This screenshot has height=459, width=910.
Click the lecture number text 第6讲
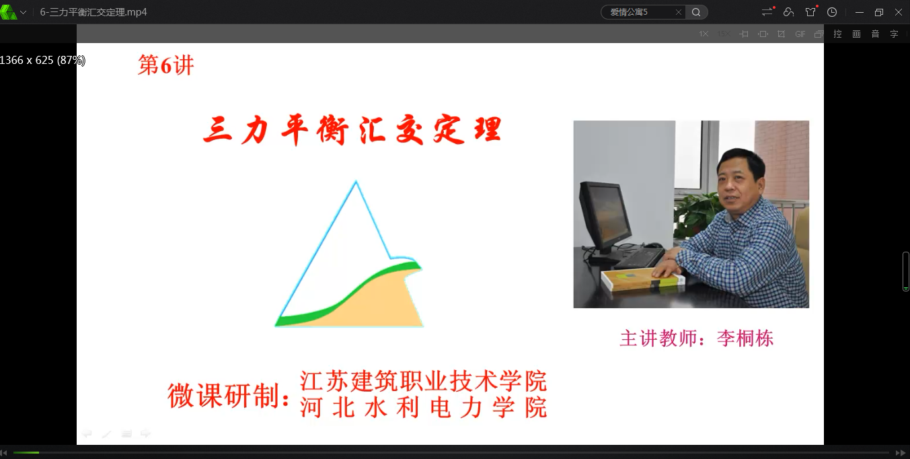(165, 65)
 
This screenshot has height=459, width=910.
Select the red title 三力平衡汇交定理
(352, 131)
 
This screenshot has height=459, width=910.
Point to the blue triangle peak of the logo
(355, 185)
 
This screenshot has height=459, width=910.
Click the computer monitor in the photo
(605, 215)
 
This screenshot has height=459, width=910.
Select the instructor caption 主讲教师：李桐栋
(696, 338)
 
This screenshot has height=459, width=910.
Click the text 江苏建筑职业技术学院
(423, 381)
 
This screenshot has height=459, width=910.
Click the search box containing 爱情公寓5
(639, 12)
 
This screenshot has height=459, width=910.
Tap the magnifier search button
(696, 12)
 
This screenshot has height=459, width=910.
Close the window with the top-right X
(898, 12)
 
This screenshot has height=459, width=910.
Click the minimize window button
(860, 12)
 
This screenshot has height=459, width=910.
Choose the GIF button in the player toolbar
(800, 34)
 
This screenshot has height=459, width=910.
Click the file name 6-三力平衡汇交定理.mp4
(93, 12)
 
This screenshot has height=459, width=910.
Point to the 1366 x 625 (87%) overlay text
(42, 60)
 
